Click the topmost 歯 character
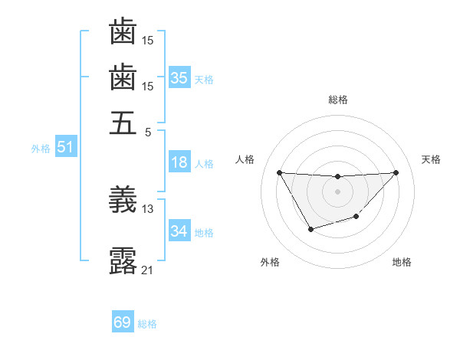(x=123, y=32)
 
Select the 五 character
(x=123, y=123)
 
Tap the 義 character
(x=123, y=201)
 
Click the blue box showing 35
(x=179, y=78)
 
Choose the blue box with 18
(x=179, y=162)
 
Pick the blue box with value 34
(x=179, y=231)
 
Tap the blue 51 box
(x=65, y=148)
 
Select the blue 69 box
(x=123, y=323)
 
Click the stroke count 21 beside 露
(x=148, y=270)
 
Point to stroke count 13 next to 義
(x=148, y=208)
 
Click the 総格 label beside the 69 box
(x=147, y=324)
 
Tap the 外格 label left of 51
(x=40, y=149)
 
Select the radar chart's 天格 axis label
(x=432, y=159)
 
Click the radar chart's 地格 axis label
(x=402, y=262)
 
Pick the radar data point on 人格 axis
(x=279, y=172)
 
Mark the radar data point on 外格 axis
(x=310, y=229)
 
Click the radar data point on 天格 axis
(x=396, y=172)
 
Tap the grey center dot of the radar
(x=337, y=191)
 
